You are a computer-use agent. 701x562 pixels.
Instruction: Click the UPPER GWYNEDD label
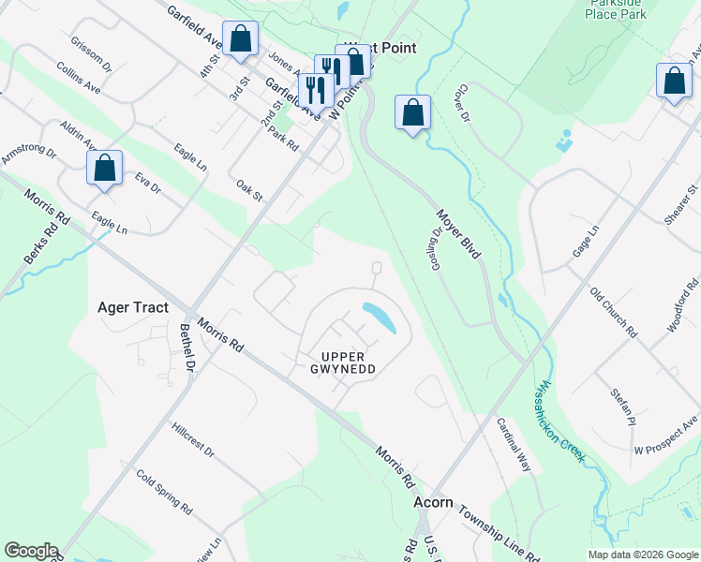pyautogui.click(x=349, y=362)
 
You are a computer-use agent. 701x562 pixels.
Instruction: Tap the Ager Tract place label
pyautogui.click(x=132, y=307)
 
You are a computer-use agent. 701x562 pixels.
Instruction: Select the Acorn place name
pyautogui.click(x=433, y=503)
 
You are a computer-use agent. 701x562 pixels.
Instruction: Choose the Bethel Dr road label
pyautogui.click(x=190, y=348)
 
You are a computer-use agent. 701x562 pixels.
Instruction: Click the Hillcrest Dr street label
pyautogui.click(x=193, y=439)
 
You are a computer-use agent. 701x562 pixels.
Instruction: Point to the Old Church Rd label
pyautogui.click(x=614, y=313)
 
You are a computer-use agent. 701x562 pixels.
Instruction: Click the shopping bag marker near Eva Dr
pyautogui.click(x=105, y=169)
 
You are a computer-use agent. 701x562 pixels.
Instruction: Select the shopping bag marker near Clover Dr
pyautogui.click(x=412, y=113)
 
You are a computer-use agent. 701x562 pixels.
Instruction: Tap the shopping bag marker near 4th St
pyautogui.click(x=240, y=39)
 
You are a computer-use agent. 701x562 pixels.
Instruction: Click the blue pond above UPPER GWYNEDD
pyautogui.click(x=380, y=318)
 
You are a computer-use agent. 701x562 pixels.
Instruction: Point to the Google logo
pyautogui.click(x=31, y=551)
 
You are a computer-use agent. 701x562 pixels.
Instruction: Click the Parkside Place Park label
pyautogui.click(x=616, y=8)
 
